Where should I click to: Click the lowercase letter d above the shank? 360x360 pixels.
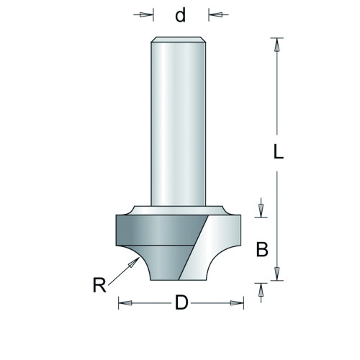tap(181, 15)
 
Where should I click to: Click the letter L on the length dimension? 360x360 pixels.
tap(279, 152)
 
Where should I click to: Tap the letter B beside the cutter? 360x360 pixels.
tap(262, 249)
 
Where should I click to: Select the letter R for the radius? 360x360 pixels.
tap(99, 285)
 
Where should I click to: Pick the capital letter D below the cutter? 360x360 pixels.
tap(181, 302)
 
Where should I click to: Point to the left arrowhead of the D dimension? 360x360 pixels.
tap(125, 303)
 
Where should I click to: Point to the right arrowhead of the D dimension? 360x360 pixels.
tap(237, 303)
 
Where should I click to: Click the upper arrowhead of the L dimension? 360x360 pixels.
tap(277, 45)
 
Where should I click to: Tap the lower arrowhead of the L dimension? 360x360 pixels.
tap(277, 274)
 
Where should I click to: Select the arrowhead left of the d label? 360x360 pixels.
tap(147, 15)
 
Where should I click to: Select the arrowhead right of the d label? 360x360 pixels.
tap(215, 15)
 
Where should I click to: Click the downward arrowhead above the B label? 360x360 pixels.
tap(261, 211)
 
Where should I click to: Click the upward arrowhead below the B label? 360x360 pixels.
tap(261, 289)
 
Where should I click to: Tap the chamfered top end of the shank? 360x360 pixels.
tap(178, 40)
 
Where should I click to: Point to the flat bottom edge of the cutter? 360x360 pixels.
tap(179, 280)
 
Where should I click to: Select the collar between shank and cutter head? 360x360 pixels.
tap(178, 210)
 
